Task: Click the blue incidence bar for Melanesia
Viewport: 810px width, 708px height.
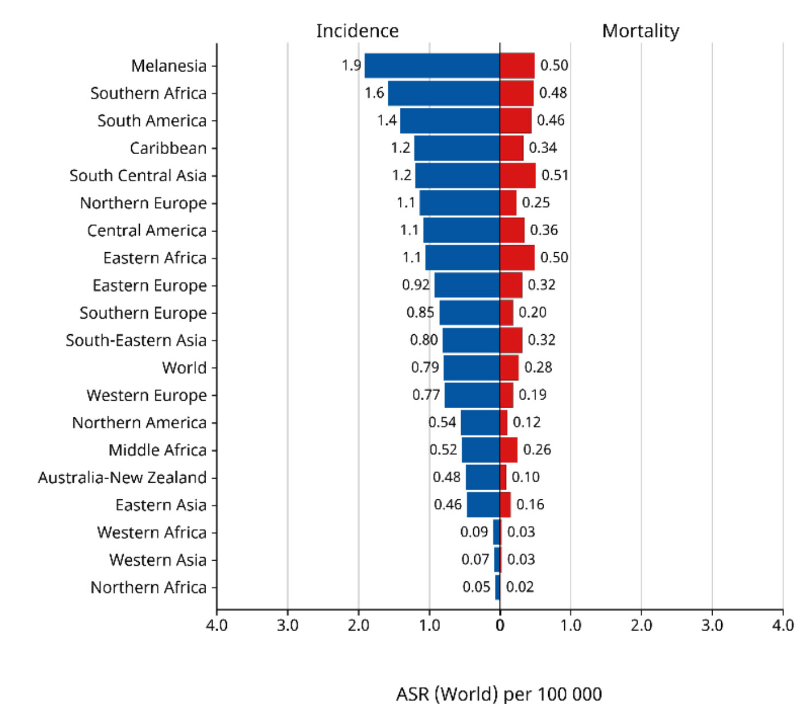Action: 432,65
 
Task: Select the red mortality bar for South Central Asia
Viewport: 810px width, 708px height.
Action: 517,175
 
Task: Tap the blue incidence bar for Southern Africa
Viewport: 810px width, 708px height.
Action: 443,93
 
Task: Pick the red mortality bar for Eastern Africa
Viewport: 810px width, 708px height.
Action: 517,257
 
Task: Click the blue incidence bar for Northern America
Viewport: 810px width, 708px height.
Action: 480,423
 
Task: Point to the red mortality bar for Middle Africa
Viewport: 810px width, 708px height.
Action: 508,450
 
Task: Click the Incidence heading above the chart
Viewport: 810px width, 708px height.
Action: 357,31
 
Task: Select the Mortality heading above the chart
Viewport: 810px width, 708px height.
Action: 640,31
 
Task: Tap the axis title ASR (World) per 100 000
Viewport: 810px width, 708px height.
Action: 498,694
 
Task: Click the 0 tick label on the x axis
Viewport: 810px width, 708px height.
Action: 500,625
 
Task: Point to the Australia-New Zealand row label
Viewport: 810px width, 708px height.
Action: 122,478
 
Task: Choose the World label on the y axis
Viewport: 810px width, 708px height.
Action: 184,367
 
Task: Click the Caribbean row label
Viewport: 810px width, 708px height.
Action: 168,148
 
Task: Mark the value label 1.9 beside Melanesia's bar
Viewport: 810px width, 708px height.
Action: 351,65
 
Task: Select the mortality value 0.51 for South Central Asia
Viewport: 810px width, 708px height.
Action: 555,175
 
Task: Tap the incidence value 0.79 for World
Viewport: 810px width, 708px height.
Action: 425,367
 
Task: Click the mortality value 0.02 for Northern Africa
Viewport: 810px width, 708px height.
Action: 520,587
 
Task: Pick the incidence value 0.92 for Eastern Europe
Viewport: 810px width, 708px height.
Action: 416,285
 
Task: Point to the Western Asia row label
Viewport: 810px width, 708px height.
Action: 158,560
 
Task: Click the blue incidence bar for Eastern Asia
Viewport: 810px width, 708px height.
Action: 483,505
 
